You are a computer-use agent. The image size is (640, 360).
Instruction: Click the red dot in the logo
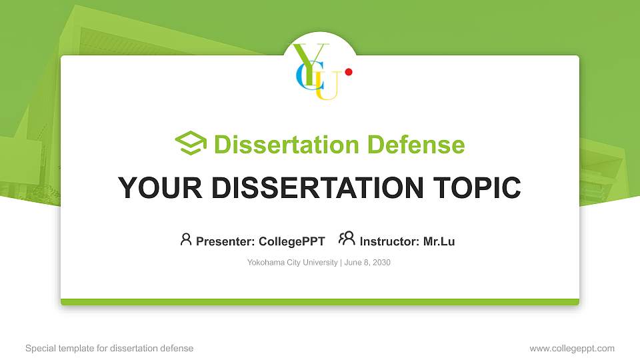pos(348,72)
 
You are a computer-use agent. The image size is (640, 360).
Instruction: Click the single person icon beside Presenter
pos(186,239)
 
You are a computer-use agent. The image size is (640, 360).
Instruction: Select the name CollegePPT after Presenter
pos(291,241)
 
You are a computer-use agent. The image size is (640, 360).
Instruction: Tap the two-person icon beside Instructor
pos(347,239)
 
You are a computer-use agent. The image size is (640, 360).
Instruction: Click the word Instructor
pos(389,241)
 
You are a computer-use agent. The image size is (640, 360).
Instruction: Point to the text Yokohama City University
pos(292,263)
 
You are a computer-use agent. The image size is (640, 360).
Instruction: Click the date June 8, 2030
pos(367,263)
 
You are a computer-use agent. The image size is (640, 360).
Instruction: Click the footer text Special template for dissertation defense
pos(109,348)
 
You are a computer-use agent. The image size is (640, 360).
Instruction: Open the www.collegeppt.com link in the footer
pos(572,348)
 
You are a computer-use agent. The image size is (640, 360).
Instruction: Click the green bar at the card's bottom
pos(320,302)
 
